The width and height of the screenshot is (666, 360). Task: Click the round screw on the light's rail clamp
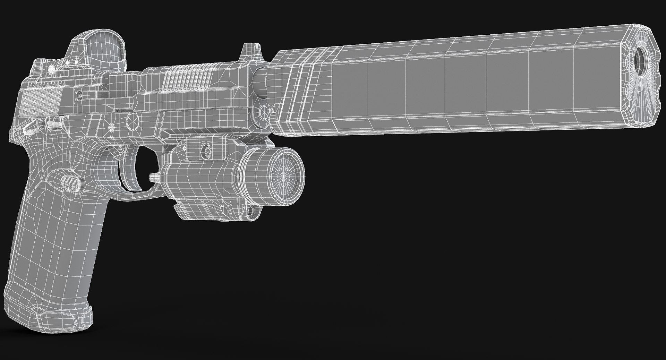pyautogui.click(x=206, y=150)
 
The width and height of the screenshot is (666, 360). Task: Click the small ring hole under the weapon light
pyautogui.click(x=251, y=210)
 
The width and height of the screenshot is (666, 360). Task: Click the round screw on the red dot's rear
pyautogui.click(x=51, y=70)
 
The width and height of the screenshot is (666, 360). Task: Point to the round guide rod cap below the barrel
pyautogui.click(x=264, y=112)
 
